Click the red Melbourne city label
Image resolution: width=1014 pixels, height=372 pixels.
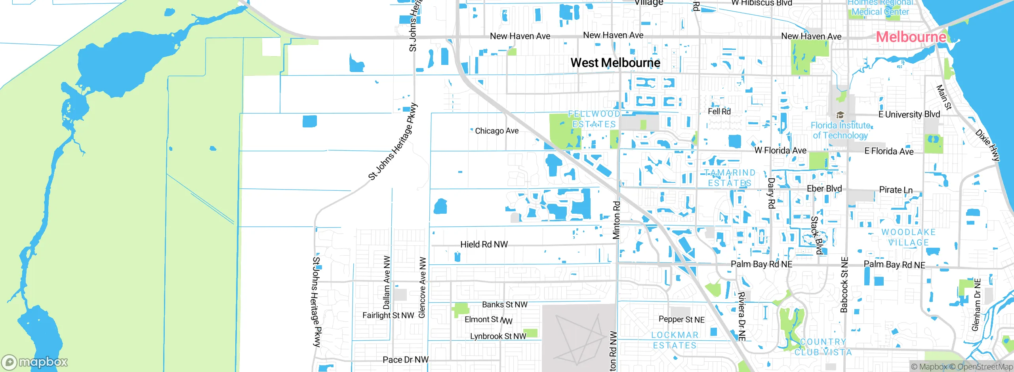911,37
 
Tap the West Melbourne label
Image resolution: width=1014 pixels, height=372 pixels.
615,63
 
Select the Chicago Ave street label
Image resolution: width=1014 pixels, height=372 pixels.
497,131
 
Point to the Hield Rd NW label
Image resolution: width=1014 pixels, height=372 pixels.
484,245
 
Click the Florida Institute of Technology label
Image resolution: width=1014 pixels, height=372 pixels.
840,130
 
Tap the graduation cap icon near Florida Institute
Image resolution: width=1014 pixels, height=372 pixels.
840,115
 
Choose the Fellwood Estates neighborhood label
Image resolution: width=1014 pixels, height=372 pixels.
594,119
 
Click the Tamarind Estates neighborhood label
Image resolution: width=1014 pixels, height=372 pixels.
730,178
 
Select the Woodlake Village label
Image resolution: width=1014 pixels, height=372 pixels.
908,237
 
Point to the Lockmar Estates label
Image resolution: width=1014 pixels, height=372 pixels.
675,340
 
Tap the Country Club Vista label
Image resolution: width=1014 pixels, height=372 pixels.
823,347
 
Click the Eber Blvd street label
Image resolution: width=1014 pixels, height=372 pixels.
824,189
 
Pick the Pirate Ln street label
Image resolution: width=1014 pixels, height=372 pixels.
896,190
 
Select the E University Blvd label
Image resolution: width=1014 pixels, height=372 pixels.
909,114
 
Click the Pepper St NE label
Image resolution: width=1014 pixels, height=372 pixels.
681,319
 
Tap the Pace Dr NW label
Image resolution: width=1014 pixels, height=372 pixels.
406,360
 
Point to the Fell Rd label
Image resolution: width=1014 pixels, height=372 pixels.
719,112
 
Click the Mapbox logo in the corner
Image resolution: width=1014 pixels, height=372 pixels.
35,362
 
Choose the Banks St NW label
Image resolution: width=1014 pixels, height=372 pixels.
505,305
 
